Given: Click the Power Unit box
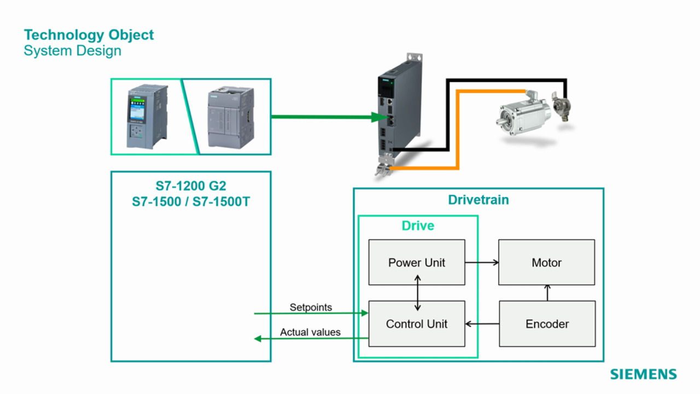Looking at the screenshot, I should (x=417, y=262).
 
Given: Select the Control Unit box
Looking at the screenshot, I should (x=417, y=323).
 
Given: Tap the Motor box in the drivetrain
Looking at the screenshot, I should (x=546, y=262).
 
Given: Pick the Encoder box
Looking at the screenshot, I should (x=547, y=323).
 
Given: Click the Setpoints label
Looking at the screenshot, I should (x=311, y=308).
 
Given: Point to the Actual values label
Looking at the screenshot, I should (x=310, y=332).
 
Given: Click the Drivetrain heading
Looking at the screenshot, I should (x=479, y=200).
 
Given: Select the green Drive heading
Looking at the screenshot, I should (x=418, y=226).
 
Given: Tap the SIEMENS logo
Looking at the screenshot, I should (x=643, y=374).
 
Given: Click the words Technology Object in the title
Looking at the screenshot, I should (x=89, y=35).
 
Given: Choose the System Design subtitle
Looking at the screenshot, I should (x=72, y=51).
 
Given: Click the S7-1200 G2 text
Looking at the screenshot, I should (x=191, y=186).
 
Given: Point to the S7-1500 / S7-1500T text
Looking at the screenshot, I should (x=191, y=201).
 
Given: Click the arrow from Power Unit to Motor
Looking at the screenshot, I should (x=482, y=263).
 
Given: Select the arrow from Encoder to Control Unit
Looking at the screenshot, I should (x=482, y=324).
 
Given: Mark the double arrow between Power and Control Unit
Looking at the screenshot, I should (x=417, y=293).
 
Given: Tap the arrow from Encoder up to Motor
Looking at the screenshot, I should (x=547, y=293).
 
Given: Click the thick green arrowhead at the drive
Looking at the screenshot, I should (x=378, y=117).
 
